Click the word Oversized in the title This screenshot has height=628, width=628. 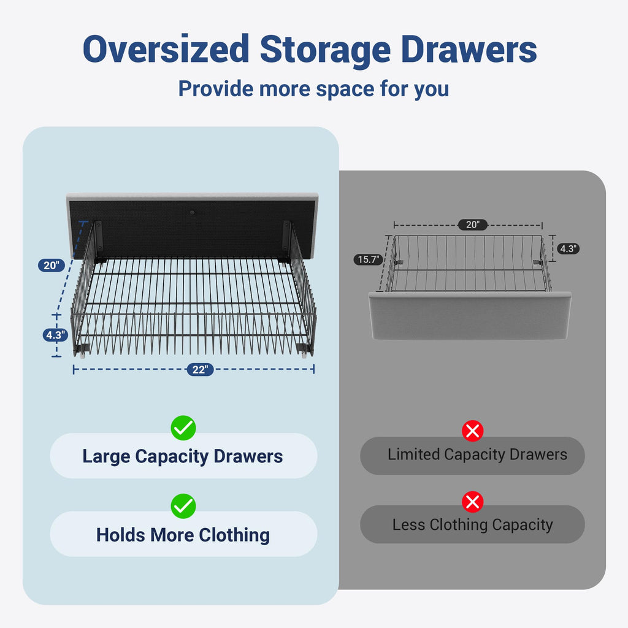click(x=166, y=50)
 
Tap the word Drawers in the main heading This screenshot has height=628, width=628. click(x=469, y=50)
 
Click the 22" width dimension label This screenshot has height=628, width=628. click(x=201, y=369)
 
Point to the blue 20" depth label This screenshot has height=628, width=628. click(x=52, y=265)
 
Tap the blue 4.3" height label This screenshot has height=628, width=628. click(x=56, y=335)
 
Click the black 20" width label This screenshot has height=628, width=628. click(x=473, y=224)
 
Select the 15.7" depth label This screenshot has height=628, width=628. click(x=369, y=259)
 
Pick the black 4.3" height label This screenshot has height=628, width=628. click(x=569, y=249)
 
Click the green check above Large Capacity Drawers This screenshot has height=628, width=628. click(x=183, y=428)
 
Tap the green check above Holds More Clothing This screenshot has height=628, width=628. click(x=183, y=506)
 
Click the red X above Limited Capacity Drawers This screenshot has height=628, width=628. click(x=473, y=431)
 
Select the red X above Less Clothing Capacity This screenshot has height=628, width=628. click(x=473, y=502)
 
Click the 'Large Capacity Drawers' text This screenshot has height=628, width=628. click(x=183, y=456)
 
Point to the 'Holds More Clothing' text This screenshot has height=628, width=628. click(x=183, y=535)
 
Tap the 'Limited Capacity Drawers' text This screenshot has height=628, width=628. click(x=477, y=454)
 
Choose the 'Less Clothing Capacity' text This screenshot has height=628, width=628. click(x=473, y=525)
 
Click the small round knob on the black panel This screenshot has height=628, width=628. click(x=192, y=212)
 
